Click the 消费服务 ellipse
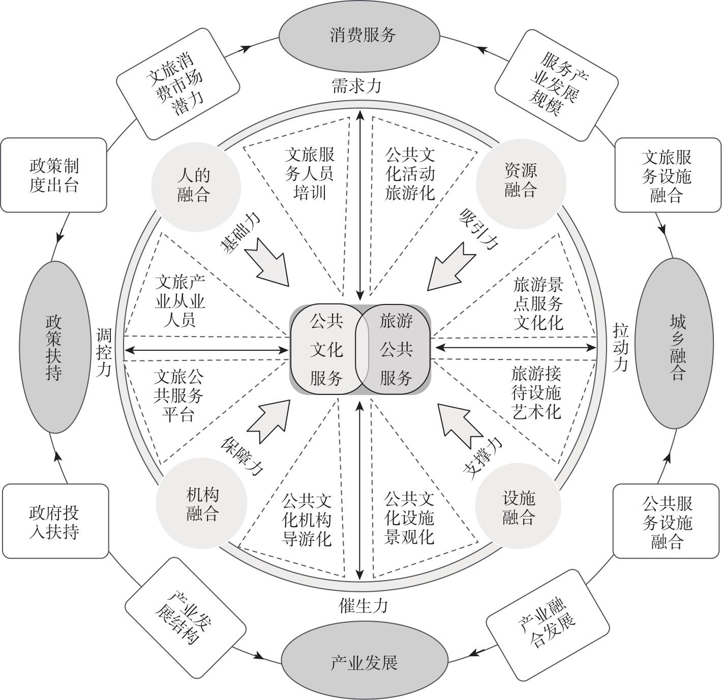pos(359,36)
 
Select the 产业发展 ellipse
pos(364,662)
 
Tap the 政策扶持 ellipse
pos(53,347)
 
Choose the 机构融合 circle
pos(202,503)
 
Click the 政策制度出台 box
pos(53,175)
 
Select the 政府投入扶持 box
pos(55,522)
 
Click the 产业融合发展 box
pos(548,618)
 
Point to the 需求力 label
pos(356,85)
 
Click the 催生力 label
pos(364,605)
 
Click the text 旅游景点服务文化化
pos(538,303)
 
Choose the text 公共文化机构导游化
pos(307,519)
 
